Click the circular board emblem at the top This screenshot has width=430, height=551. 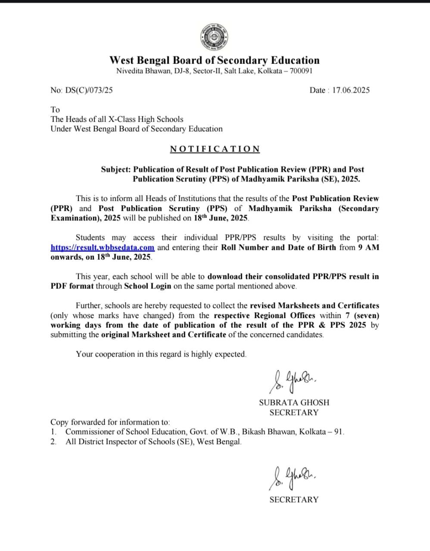click(214, 37)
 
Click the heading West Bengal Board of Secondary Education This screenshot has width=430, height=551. click(214, 60)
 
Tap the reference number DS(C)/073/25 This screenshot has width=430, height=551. click(88, 90)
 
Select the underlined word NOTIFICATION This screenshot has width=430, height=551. click(215, 149)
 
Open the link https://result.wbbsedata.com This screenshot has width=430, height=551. click(103, 248)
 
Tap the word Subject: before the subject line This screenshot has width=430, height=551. click(116, 170)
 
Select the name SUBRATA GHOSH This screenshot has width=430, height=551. click(294, 402)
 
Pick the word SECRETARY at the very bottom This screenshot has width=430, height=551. click(294, 500)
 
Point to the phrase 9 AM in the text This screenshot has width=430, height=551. click(368, 248)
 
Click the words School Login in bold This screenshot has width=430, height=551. click(147, 286)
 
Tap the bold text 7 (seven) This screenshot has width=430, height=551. click(362, 315)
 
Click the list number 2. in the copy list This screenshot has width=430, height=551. click(53, 442)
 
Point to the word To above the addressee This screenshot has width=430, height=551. click(55, 110)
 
